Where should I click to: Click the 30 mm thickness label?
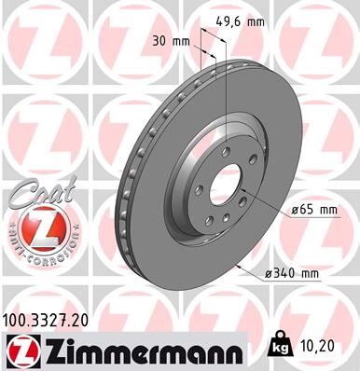tap(169, 42)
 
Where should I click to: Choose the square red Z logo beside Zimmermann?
tap(21, 350)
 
